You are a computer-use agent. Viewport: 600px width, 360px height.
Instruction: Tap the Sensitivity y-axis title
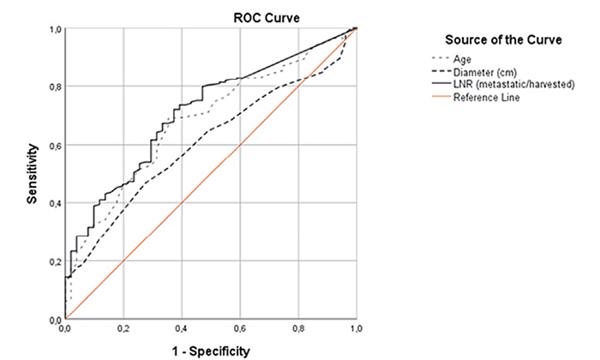tap(32, 173)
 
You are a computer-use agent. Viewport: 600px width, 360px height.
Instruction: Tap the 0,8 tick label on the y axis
tap(54, 87)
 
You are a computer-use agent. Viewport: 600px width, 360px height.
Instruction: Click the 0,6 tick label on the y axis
tap(54, 145)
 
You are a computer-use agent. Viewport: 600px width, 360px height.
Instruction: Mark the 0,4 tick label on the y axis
tap(54, 203)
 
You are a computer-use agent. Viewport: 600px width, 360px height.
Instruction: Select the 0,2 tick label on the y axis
tap(54, 261)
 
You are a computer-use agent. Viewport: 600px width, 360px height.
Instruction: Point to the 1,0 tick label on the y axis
tap(54, 30)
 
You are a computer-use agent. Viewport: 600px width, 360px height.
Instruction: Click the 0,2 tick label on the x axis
tap(123, 328)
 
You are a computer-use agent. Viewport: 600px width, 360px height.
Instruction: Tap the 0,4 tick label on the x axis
tap(181, 328)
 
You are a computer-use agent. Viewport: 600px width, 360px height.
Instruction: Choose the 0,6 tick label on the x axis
tap(239, 328)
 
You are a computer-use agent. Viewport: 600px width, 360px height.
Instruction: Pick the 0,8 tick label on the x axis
tap(297, 328)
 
